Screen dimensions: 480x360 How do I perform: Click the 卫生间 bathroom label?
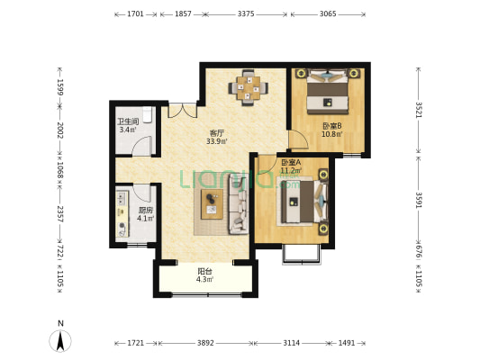tap(128, 121)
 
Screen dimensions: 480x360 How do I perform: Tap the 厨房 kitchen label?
tap(145, 211)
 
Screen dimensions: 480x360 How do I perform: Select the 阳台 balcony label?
tap(204, 271)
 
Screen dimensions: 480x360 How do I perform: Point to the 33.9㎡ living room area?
tap(217, 141)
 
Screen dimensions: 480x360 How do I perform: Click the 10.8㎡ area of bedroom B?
tap(331, 134)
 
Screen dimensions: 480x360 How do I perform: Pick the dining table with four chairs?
tap(249, 88)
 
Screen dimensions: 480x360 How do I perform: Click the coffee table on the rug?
tap(212, 204)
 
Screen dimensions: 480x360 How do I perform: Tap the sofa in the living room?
tap(238, 204)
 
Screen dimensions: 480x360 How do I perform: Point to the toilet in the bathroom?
tap(148, 114)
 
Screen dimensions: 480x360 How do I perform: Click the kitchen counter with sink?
tap(122, 214)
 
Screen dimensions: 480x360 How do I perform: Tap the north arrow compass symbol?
tap(60, 340)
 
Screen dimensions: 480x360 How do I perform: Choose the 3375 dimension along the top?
tap(246, 14)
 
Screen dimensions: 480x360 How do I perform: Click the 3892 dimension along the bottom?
tap(205, 343)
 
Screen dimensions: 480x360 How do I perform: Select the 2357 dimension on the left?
tap(60, 214)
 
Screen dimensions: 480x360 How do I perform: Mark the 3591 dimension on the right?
tap(419, 200)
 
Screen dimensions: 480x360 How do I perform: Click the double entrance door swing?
tap(183, 111)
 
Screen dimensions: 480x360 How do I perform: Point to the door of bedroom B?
tap(299, 140)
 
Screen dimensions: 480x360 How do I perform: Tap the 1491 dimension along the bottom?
tap(347, 343)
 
